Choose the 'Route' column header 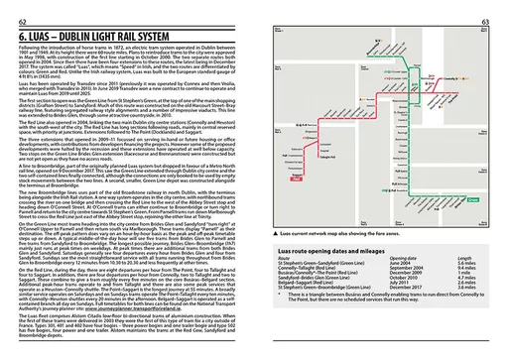click(x=281, y=268)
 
